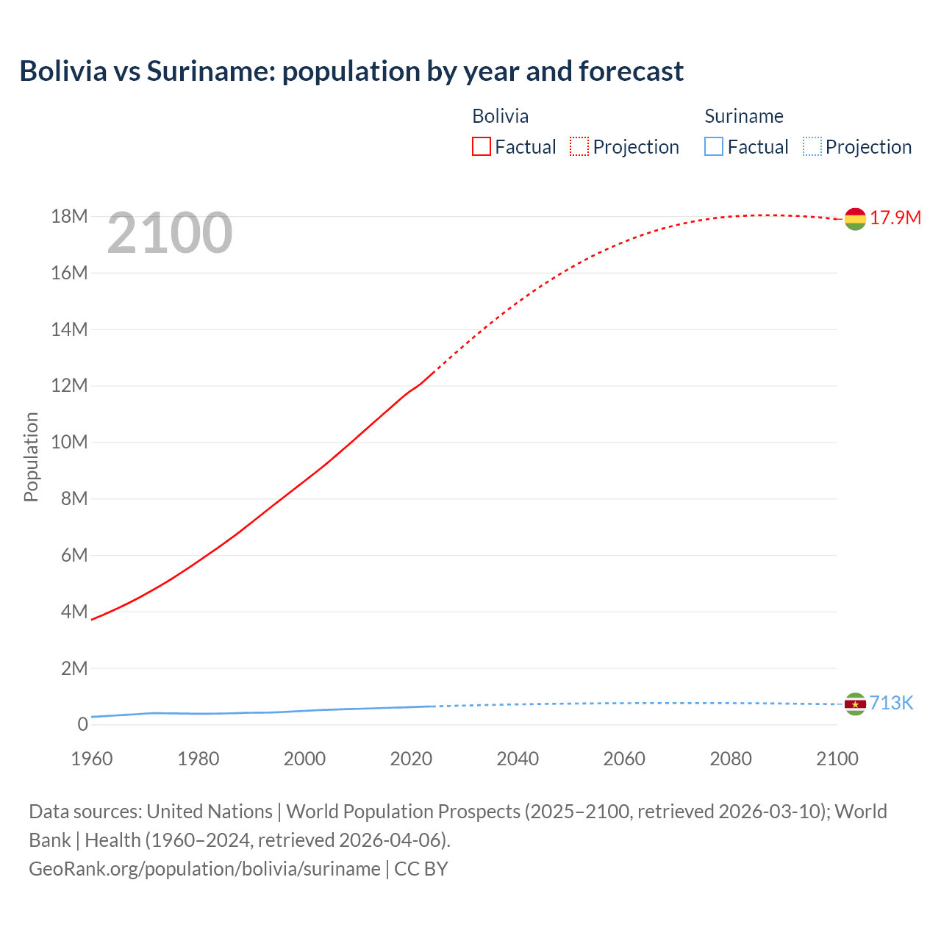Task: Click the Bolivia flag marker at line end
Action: click(855, 219)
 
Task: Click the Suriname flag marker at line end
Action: click(855, 704)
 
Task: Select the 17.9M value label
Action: click(895, 218)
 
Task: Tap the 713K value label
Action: click(891, 704)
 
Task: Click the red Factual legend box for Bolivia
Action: click(482, 147)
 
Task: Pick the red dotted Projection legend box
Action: click(579, 147)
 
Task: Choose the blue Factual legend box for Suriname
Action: click(714, 147)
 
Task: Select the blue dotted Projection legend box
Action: click(812, 147)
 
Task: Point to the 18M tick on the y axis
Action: click(70, 217)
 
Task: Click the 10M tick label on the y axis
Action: click(70, 443)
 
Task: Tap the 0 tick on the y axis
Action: click(82, 725)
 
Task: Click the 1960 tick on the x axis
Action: click(92, 759)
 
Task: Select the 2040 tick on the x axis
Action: click(518, 759)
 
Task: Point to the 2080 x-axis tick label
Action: click(731, 759)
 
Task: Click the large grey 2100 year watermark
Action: click(170, 234)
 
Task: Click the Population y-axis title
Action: click(31, 457)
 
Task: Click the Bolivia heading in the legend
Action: click(500, 116)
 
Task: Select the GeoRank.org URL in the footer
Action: click(204, 869)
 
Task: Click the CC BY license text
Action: click(421, 869)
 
